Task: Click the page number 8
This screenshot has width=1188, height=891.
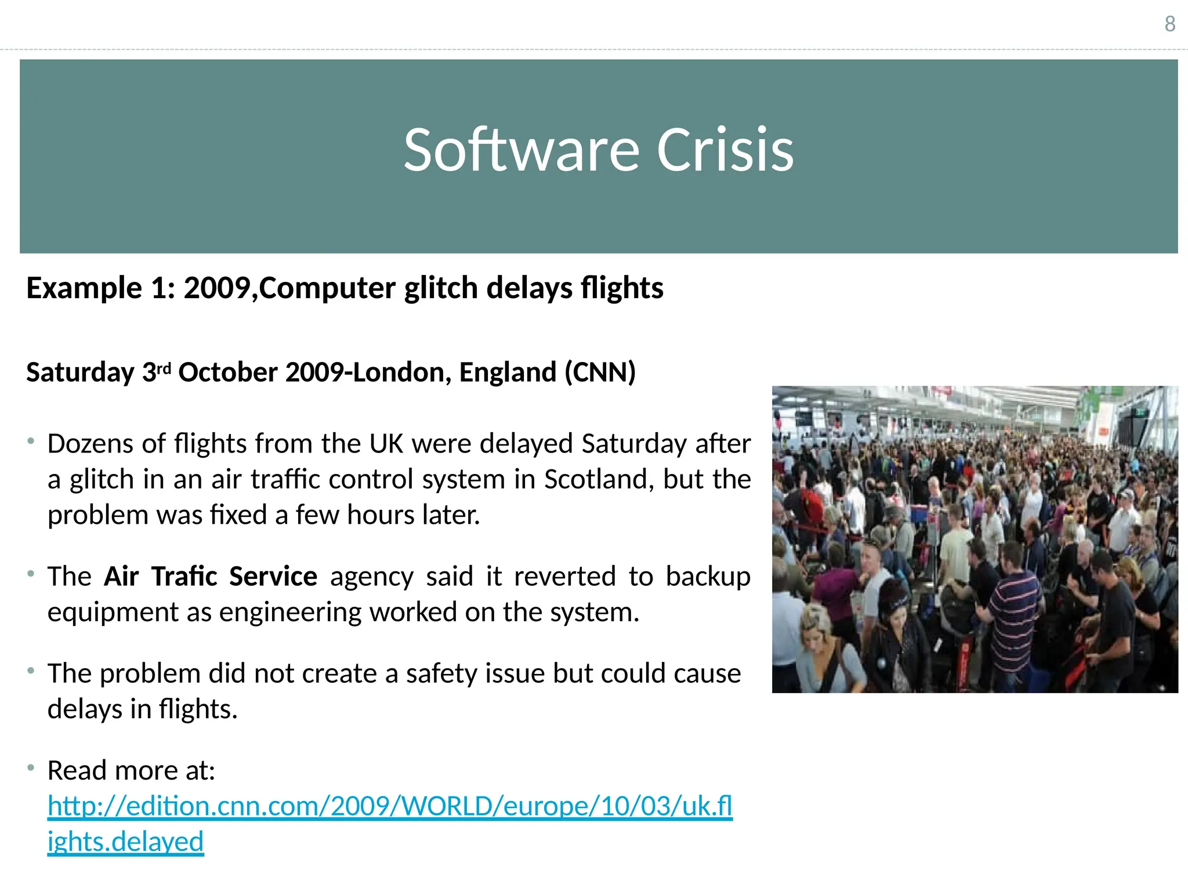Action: pyautogui.click(x=1170, y=24)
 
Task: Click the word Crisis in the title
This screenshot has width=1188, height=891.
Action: pyautogui.click(x=725, y=150)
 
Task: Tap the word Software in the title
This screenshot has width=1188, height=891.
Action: pyautogui.click(x=521, y=150)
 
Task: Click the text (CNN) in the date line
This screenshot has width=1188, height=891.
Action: pyautogui.click(x=600, y=372)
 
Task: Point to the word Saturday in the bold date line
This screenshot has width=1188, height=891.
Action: pyautogui.click(x=80, y=372)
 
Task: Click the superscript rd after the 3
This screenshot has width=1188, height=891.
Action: pyautogui.click(x=164, y=368)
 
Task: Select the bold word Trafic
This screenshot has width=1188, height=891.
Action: pyautogui.click(x=184, y=577)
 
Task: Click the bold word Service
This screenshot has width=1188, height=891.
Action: pyautogui.click(x=273, y=577)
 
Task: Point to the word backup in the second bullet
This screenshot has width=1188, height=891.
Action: pyautogui.click(x=708, y=577)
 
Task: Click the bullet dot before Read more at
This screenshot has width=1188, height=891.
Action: pyautogui.click(x=31, y=768)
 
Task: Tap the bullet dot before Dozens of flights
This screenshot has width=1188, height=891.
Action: pyautogui.click(x=31, y=441)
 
